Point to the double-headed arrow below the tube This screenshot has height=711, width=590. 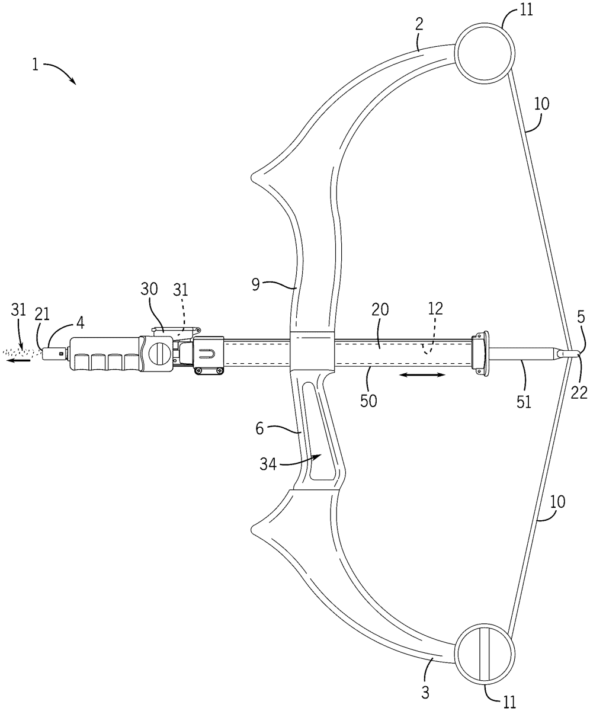(x=422, y=374)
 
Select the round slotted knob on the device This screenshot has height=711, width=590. (x=158, y=354)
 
